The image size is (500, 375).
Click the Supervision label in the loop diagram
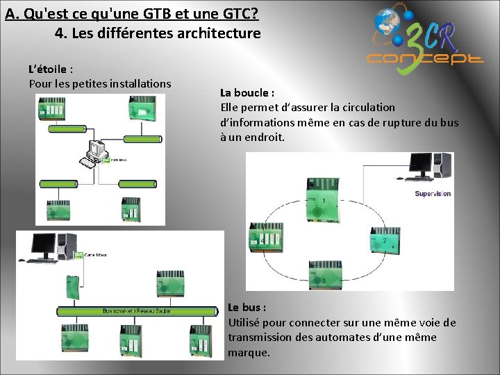pos(432,194)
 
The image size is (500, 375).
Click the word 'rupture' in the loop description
pos(399,122)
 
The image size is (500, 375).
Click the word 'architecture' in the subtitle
pos(218,33)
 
